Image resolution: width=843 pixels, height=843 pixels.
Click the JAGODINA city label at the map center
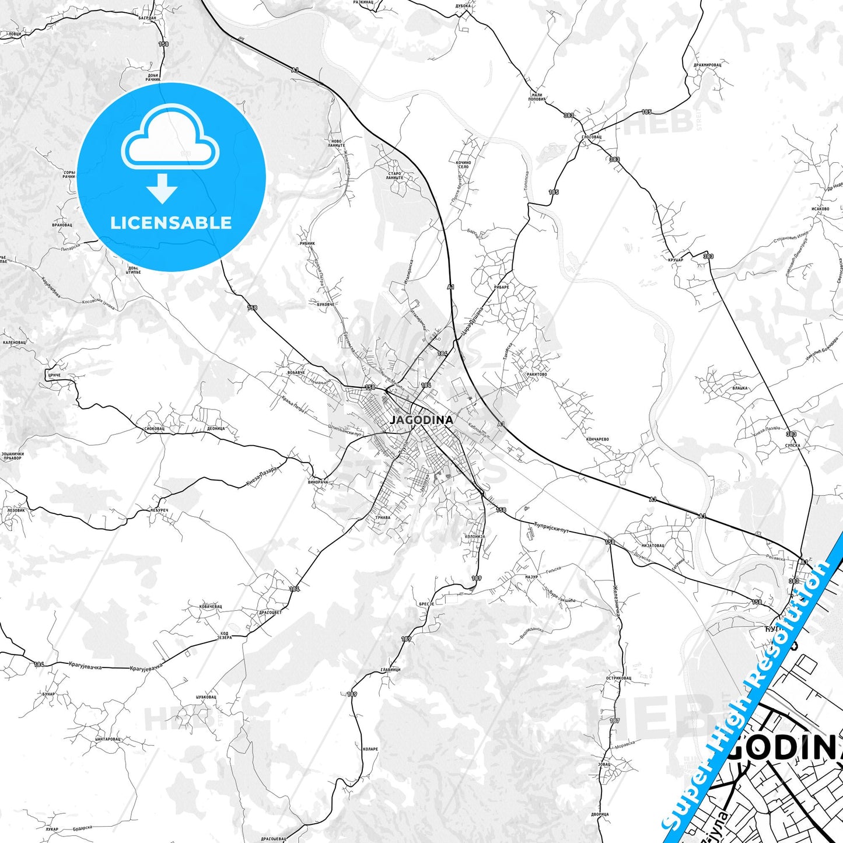pyautogui.click(x=421, y=420)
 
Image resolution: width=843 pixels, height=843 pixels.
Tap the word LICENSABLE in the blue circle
pyautogui.click(x=171, y=223)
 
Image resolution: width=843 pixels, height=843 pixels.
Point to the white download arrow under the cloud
pyautogui.click(x=162, y=188)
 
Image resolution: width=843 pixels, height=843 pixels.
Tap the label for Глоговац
pyautogui.click(x=591, y=137)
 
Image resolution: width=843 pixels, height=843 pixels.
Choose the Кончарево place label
pyautogui.click(x=597, y=439)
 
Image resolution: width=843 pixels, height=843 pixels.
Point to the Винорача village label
pyautogui.click(x=319, y=482)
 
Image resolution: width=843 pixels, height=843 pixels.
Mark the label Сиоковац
pyautogui.click(x=154, y=428)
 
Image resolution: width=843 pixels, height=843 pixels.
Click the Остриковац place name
pyautogui.click(x=618, y=678)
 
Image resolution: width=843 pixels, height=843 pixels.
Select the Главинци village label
pyautogui.click(x=390, y=669)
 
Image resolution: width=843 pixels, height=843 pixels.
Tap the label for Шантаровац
pyautogui.click(x=107, y=739)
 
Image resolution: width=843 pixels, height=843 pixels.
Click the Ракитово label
pyautogui.click(x=536, y=375)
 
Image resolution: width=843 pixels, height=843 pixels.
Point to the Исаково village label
pyautogui.click(x=820, y=208)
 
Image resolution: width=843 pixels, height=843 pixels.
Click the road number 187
pyautogui.click(x=615, y=720)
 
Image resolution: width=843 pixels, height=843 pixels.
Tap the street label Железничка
pyautogui.click(x=615, y=600)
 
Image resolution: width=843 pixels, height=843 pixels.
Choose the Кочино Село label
pyautogui.click(x=463, y=164)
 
